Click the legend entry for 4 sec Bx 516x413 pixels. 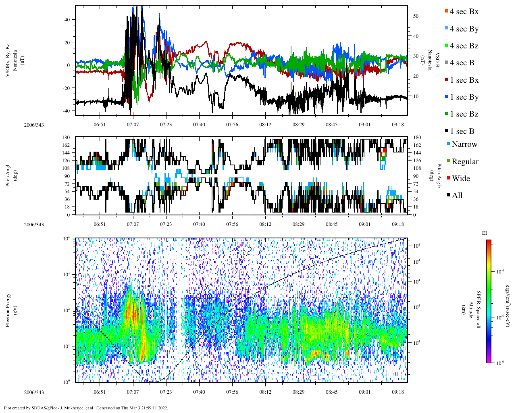tap(464, 12)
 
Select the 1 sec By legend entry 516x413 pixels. tap(464, 97)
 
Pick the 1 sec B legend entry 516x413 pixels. tap(462, 131)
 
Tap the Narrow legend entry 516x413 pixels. tap(464, 144)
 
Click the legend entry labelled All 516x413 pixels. tap(457, 196)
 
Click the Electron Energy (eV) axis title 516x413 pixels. tap(11, 310)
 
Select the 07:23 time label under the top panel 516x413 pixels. tap(166, 125)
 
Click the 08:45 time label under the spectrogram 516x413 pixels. tap(332, 392)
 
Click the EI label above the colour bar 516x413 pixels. tap(485, 233)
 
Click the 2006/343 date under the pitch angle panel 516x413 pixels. tap(34, 225)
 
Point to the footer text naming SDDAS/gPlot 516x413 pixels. tap(86, 408)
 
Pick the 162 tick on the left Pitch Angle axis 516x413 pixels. tap(67, 145)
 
